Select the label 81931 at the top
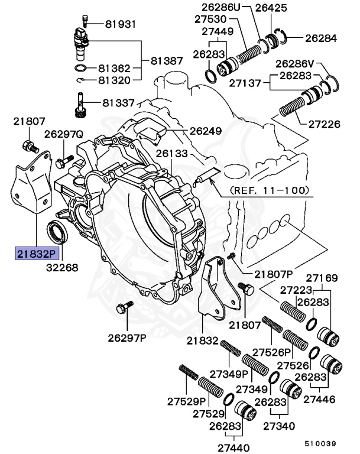click(x=120, y=24)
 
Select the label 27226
click(x=325, y=124)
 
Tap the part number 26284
click(x=320, y=38)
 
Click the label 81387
click(x=167, y=61)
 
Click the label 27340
click(x=279, y=426)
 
